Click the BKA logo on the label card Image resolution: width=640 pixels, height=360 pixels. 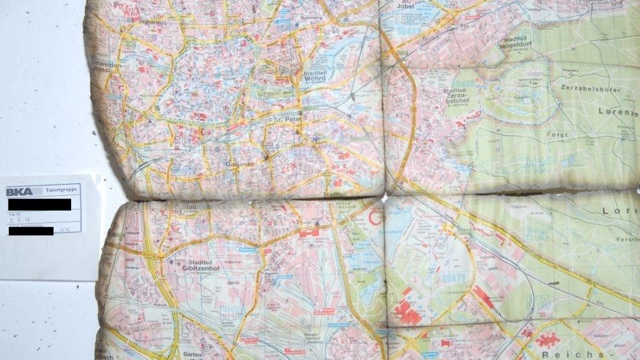click(x=20, y=191)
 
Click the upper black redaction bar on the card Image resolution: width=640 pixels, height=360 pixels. click(x=39, y=204)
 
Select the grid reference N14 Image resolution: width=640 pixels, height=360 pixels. click(x=536, y=235)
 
